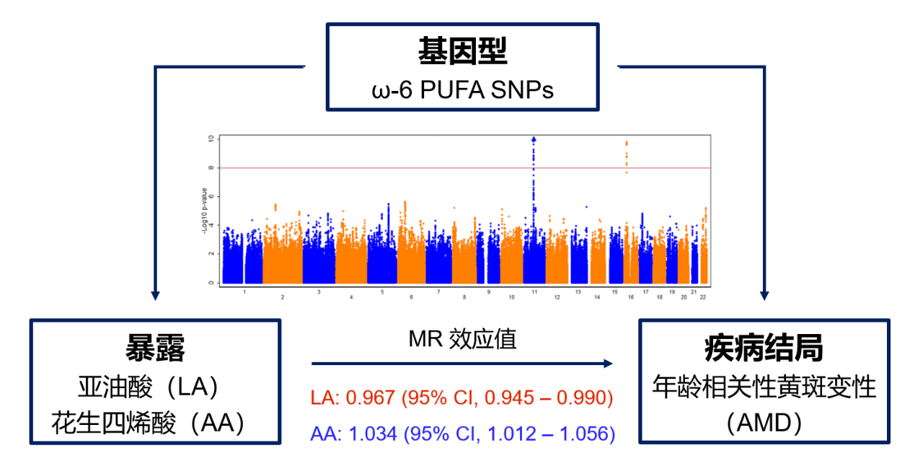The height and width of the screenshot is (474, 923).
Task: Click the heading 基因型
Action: [462, 51]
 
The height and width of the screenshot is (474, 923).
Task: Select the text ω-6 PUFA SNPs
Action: [462, 89]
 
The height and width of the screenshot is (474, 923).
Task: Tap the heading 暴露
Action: [155, 348]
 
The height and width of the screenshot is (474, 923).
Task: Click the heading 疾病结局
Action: [764, 348]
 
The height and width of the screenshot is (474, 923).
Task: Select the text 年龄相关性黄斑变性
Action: [764, 387]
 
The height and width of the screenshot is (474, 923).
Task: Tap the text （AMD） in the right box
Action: [764, 423]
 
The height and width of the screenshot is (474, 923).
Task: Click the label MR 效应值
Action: [462, 340]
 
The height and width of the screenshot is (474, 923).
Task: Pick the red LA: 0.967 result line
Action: [461, 398]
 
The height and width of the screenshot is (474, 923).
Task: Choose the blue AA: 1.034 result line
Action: [462, 434]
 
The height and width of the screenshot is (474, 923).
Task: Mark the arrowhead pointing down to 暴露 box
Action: [154, 294]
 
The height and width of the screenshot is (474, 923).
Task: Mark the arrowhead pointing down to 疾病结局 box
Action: [764, 294]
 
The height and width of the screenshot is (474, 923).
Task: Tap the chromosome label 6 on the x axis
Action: [410, 297]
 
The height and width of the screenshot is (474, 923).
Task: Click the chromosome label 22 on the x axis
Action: [703, 297]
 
